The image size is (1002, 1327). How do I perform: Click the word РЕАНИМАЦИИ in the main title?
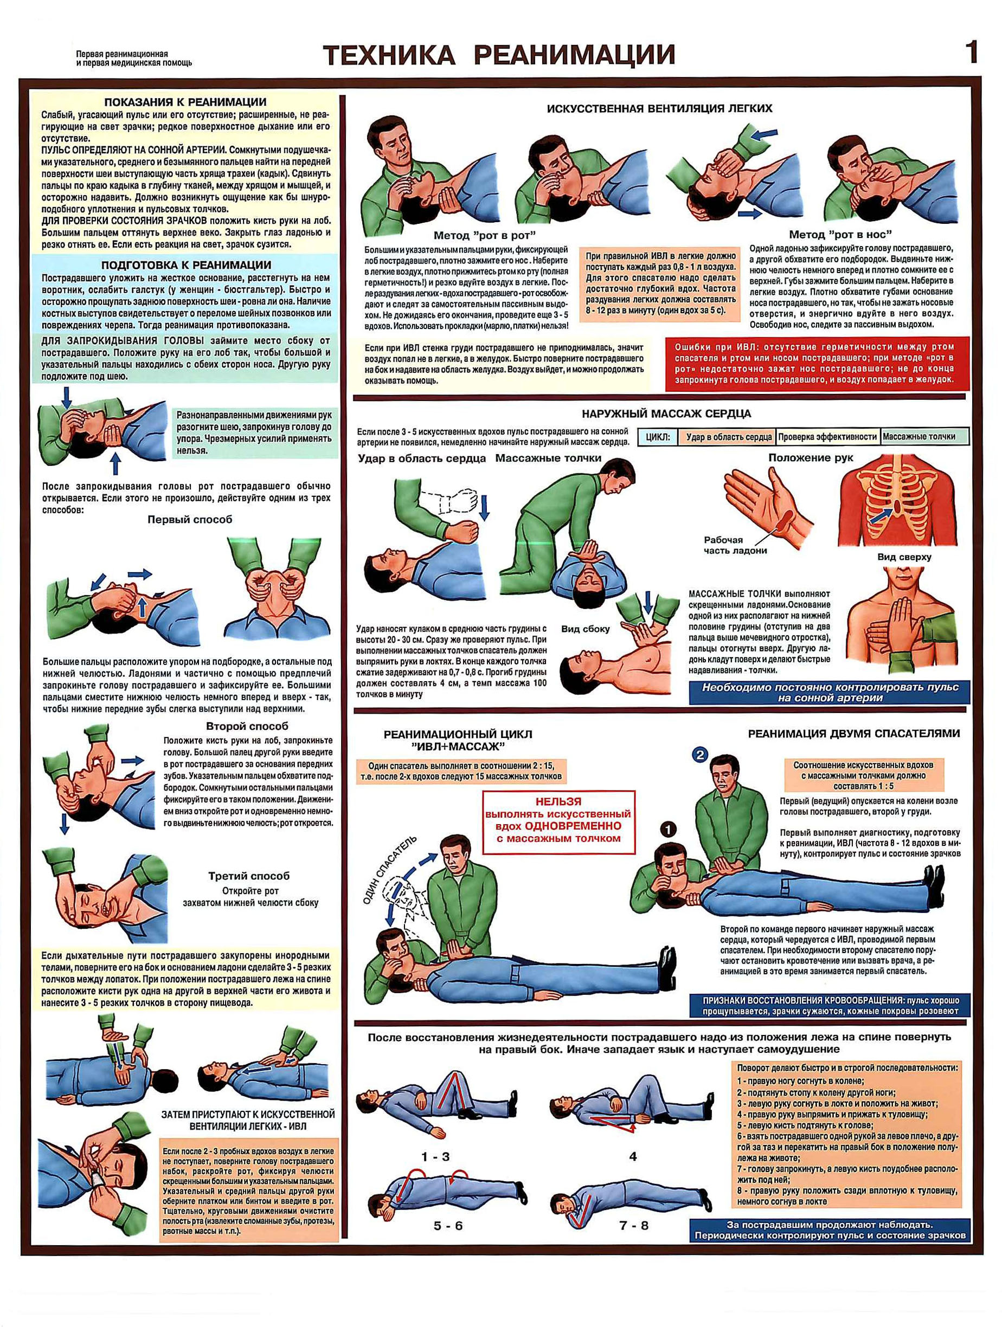click(x=575, y=55)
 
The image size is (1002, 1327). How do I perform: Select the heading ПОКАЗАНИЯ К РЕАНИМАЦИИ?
click(x=185, y=102)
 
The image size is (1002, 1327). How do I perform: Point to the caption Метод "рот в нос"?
click(x=840, y=234)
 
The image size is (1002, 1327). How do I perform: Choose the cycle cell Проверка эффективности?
click(x=827, y=437)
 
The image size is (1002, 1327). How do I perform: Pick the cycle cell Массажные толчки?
click(x=919, y=437)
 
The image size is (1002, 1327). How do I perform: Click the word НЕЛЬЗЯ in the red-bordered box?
click(x=558, y=801)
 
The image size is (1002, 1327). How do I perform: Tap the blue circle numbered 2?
click(x=700, y=755)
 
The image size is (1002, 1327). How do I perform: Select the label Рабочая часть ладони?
click(x=735, y=545)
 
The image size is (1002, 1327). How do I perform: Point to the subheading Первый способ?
click(x=190, y=520)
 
